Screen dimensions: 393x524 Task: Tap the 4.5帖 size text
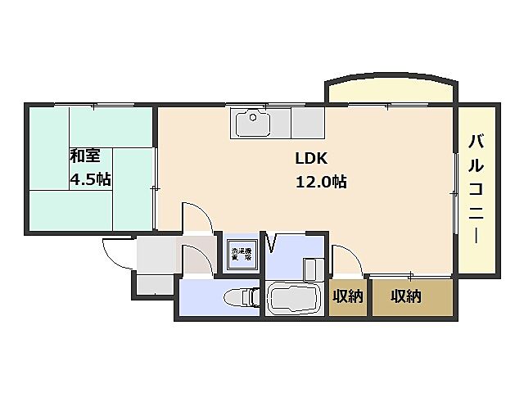[x=89, y=180]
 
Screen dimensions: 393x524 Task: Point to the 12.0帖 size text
[x=321, y=183]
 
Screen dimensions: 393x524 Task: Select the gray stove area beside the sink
[x=307, y=124]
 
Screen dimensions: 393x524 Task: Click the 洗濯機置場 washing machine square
[x=241, y=254]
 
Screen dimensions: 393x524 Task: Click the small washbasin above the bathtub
[x=311, y=269]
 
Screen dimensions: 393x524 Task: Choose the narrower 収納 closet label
[x=347, y=296]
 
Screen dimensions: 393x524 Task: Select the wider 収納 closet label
[x=405, y=296]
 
